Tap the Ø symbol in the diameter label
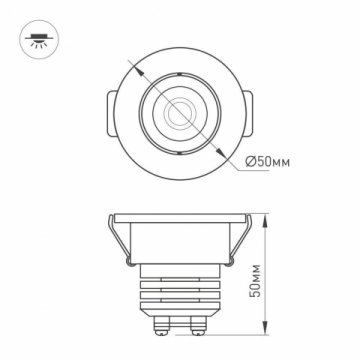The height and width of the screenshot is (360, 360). click(x=250, y=163)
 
